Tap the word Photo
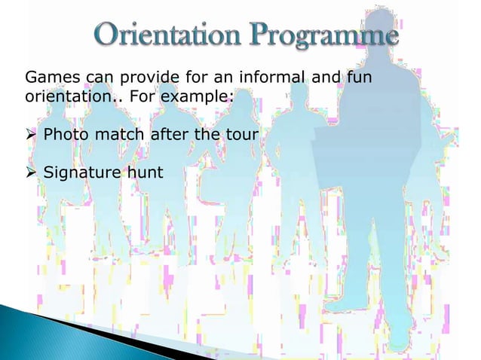pos(66,136)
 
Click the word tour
pos(242,136)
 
